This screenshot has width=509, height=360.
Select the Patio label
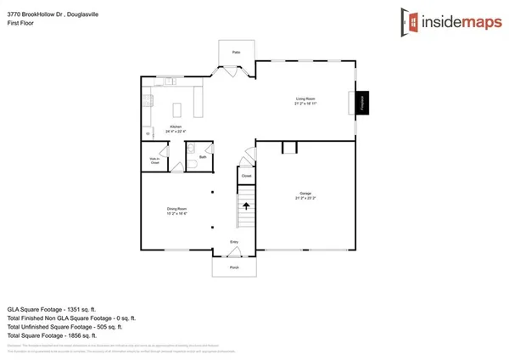point(236,53)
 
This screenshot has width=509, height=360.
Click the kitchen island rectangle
point(178,110)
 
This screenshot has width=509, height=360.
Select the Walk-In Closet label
point(154,159)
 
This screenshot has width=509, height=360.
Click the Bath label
point(203,157)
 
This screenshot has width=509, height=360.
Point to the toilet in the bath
point(193,167)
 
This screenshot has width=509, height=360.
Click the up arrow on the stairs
point(246,205)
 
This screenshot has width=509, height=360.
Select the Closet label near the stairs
point(246,176)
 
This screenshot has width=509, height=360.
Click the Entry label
point(235,243)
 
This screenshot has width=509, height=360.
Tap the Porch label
point(235,267)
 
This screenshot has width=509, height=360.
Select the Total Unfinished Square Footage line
point(64,326)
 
